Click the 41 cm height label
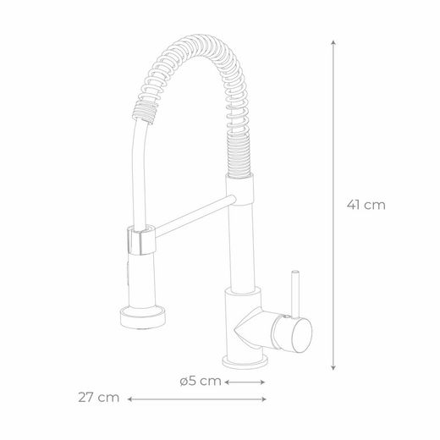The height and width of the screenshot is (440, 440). [x=365, y=204]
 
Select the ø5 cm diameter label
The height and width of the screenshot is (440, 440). [x=201, y=381]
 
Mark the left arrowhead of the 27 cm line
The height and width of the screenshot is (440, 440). [x=130, y=397]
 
